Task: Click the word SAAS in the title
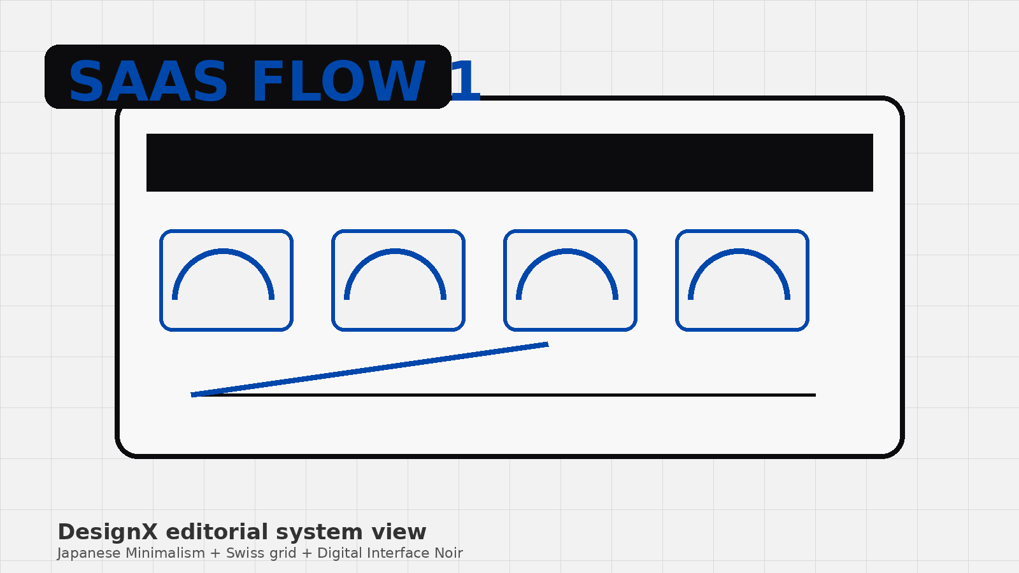148,82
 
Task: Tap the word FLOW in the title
338,82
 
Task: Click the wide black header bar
509,162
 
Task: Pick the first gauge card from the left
226,281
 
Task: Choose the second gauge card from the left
398,281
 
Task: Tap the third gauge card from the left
570,281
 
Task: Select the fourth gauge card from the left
742,281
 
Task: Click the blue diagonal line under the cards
369,370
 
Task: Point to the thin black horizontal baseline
504,395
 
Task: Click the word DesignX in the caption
108,532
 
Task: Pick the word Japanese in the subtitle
89,554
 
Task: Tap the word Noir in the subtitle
448,553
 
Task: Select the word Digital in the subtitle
340,554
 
